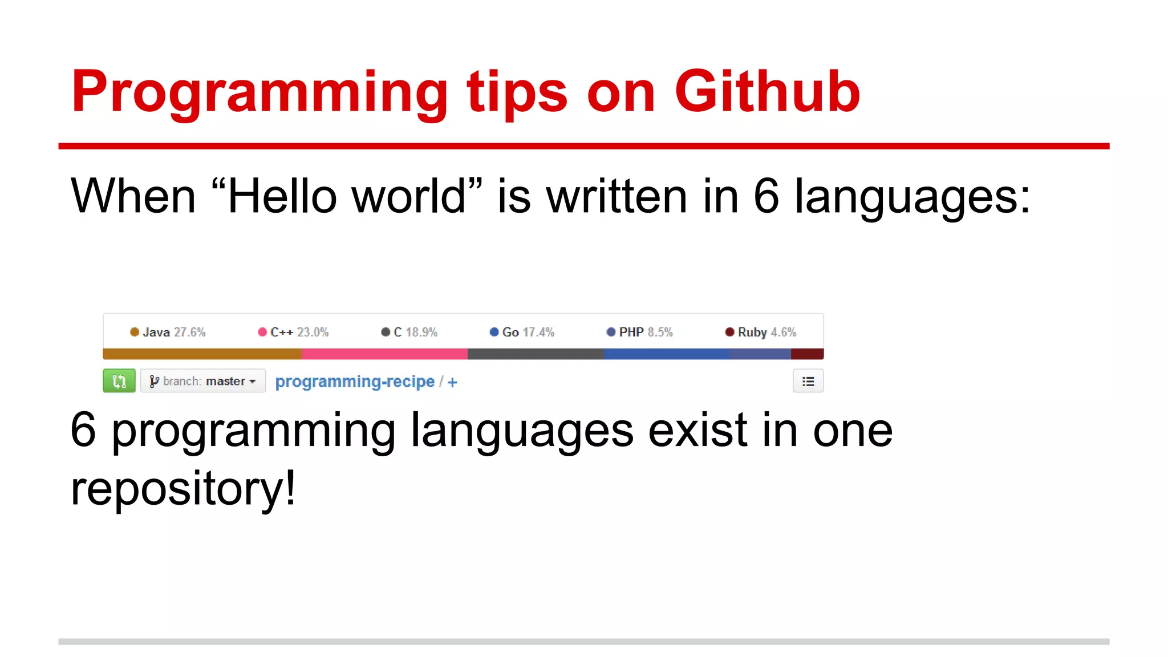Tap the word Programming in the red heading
[259, 92]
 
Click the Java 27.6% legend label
[168, 332]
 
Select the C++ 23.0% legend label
[294, 332]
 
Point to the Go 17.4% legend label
[522, 332]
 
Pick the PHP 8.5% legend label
[640, 332]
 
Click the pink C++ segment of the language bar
[384, 354]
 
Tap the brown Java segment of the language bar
[202, 354]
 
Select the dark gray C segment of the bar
[535, 354]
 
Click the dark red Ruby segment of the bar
[807, 354]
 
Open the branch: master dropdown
[203, 381]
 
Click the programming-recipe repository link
[355, 382]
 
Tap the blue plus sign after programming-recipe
[452, 382]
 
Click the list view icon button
[808, 381]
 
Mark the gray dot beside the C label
[386, 332]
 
